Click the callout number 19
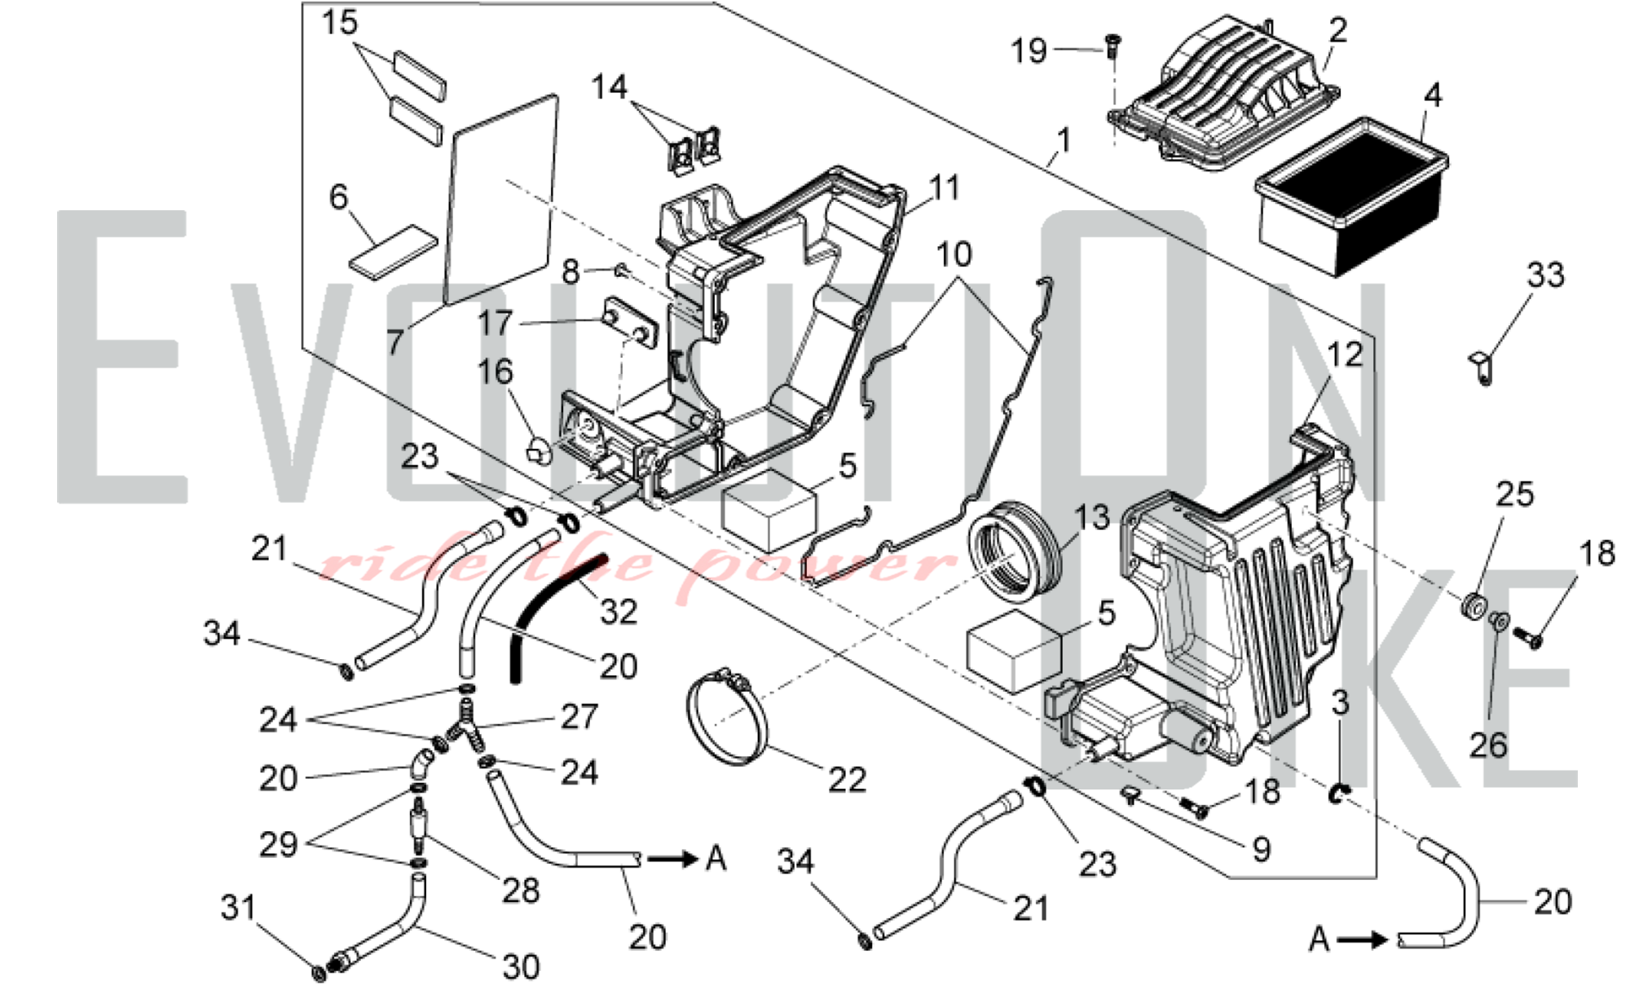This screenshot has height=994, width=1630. click(x=1029, y=51)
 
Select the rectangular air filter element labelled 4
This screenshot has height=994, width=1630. click(x=1351, y=196)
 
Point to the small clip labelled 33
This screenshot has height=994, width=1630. click(x=1482, y=369)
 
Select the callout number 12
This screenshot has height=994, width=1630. click(x=1345, y=355)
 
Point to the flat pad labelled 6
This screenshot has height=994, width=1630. click(x=394, y=252)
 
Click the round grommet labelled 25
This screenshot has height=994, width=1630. click(x=1474, y=607)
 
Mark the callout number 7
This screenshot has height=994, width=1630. click(x=395, y=342)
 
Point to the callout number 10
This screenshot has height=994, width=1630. click(x=954, y=255)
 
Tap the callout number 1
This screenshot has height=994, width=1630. click(x=1064, y=141)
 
